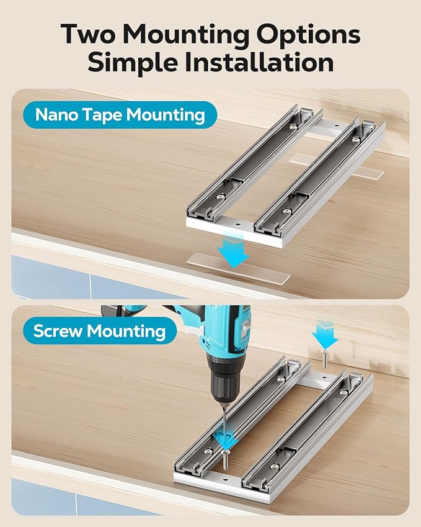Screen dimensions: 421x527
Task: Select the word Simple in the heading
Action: [132, 63]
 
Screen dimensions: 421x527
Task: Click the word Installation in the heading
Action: [259, 62]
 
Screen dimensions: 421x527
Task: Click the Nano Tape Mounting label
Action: [120, 115]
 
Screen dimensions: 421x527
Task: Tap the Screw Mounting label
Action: [100, 331]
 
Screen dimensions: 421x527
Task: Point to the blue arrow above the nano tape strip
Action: [233, 250]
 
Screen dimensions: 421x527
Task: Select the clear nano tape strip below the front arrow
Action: [238, 269]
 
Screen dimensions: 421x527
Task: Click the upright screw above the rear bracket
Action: [325, 358]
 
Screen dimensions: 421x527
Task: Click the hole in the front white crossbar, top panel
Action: [237, 224]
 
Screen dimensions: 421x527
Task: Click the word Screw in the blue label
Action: [58, 331]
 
